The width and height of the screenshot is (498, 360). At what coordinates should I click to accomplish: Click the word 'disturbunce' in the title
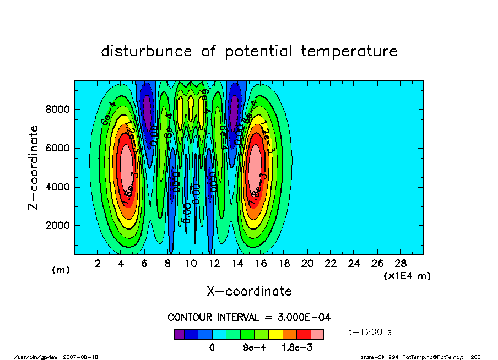click(x=147, y=52)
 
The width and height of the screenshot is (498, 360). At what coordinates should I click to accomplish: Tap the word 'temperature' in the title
click(x=349, y=52)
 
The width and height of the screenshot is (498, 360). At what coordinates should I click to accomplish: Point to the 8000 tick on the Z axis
click(x=57, y=110)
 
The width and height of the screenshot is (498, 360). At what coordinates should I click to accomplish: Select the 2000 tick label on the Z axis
click(x=57, y=226)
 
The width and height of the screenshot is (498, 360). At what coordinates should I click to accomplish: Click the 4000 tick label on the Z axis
click(x=57, y=187)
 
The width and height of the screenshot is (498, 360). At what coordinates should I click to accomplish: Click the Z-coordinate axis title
click(x=34, y=167)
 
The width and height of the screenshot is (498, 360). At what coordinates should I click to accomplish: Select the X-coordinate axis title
click(x=249, y=291)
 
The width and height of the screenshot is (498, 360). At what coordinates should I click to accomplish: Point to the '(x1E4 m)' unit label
click(x=407, y=275)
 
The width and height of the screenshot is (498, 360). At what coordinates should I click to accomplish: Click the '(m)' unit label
click(x=61, y=270)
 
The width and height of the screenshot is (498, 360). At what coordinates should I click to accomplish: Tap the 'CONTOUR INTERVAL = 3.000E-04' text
click(x=249, y=317)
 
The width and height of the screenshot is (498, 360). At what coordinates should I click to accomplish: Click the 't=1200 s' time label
click(x=370, y=332)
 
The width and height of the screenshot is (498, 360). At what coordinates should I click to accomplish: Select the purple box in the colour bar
click(x=179, y=334)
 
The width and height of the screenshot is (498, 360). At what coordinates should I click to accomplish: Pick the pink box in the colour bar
click(x=317, y=334)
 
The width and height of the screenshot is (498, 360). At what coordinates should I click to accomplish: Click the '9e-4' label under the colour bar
click(x=255, y=348)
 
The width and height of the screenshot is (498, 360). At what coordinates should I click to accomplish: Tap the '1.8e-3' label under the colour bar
click(x=297, y=348)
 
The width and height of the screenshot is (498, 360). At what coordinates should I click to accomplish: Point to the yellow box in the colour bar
click(x=275, y=334)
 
